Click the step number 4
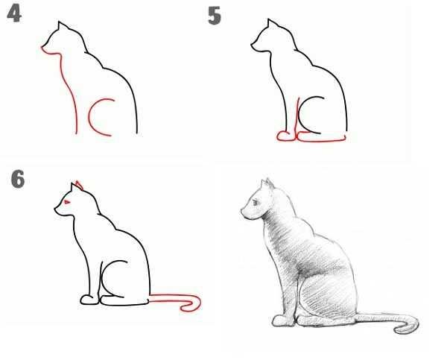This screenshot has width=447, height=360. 14,14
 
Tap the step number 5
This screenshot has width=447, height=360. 215,16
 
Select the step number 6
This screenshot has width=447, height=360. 18,179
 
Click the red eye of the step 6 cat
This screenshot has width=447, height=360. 67,202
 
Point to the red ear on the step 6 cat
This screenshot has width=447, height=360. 80,185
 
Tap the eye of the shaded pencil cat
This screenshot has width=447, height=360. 255,203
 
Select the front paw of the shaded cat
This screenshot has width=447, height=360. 282,320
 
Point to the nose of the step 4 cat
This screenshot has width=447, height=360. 42,48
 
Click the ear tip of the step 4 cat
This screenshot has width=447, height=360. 59,22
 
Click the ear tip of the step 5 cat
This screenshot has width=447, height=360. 268,19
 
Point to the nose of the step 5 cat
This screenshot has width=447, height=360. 252,45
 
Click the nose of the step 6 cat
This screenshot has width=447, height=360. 55,209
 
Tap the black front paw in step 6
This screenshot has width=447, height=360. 89,300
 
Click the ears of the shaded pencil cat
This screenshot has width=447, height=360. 267,184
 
